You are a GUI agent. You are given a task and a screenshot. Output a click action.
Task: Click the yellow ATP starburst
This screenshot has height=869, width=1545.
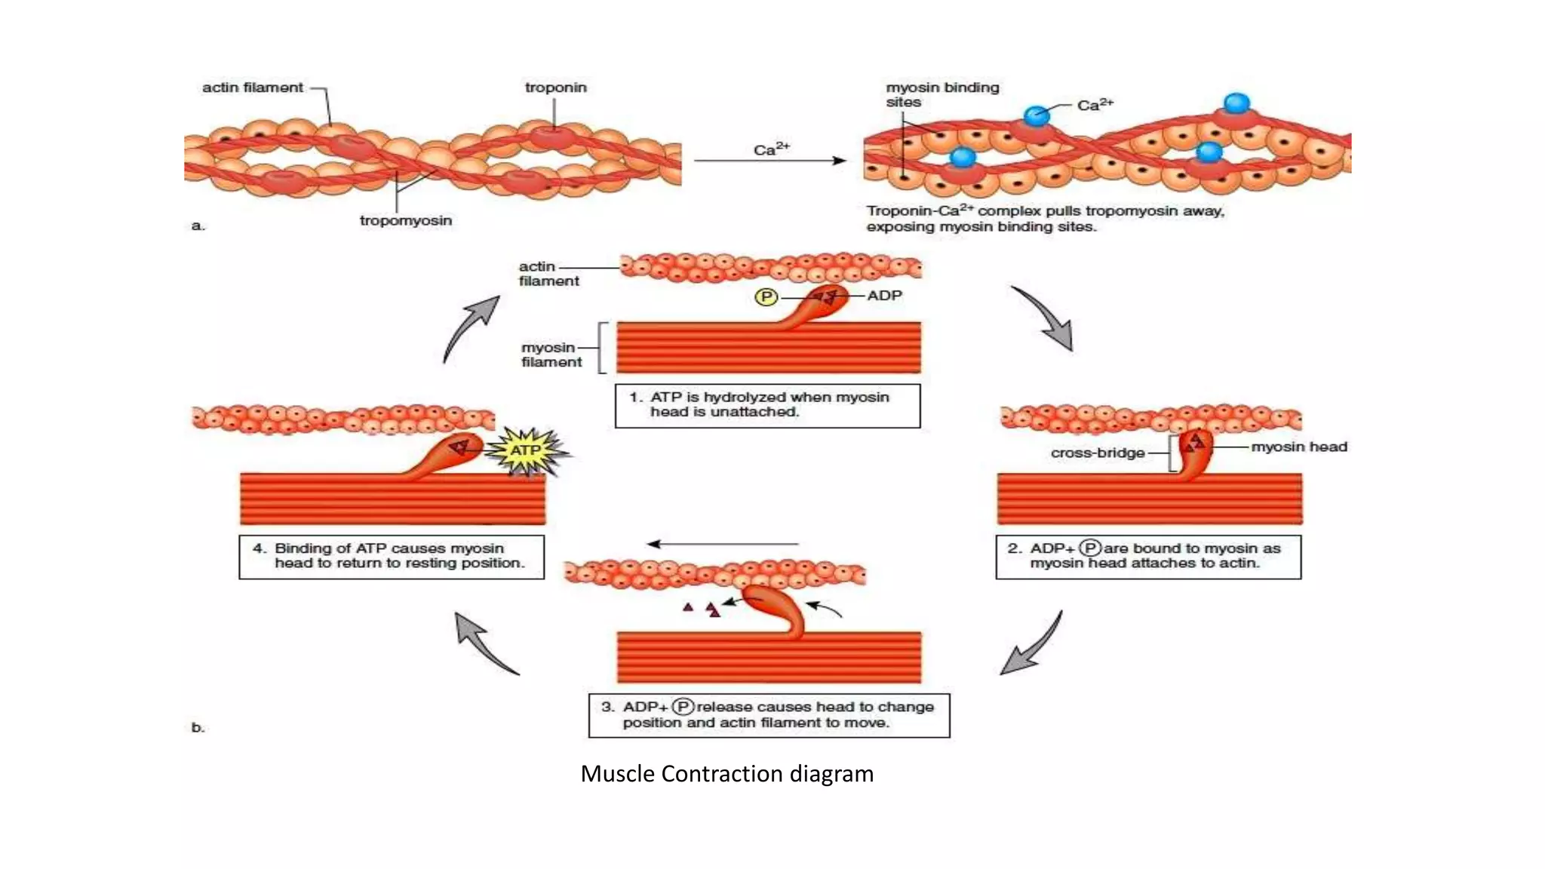click(x=526, y=451)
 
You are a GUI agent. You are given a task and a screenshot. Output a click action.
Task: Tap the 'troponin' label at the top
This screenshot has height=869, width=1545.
click(x=555, y=88)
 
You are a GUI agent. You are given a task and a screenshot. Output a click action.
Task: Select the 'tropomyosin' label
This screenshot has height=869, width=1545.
click(x=406, y=220)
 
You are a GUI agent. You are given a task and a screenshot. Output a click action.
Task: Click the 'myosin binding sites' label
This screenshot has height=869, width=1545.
click(x=941, y=94)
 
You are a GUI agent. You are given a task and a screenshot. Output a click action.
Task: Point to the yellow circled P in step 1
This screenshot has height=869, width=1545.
click(x=766, y=297)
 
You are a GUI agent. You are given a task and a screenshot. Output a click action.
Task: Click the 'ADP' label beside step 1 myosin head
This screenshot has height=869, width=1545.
click(x=884, y=296)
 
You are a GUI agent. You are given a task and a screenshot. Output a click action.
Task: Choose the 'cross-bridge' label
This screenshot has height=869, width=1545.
click(x=1098, y=453)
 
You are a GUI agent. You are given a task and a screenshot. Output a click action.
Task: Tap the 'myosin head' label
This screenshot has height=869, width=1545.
click(x=1299, y=447)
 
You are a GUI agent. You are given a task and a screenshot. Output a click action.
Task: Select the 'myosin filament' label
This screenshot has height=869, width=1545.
click(x=551, y=355)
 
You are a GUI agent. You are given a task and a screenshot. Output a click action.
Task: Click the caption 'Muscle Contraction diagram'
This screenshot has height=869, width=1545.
click(x=726, y=773)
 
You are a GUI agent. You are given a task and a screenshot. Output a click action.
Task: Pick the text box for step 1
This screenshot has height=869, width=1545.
click(x=767, y=406)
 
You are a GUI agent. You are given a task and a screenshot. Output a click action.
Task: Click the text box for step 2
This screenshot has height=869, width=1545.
click(x=1148, y=557)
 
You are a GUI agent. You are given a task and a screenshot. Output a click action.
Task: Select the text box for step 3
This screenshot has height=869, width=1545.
click(x=769, y=715)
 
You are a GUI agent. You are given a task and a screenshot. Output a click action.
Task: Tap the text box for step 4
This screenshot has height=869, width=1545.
click(x=392, y=557)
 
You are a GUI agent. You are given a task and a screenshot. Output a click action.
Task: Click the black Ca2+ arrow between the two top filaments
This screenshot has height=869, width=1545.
click(x=769, y=161)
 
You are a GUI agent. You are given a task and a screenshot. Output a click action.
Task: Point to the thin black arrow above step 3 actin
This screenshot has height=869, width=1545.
click(x=723, y=544)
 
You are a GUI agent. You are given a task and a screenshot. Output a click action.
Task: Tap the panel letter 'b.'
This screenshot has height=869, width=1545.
click(x=198, y=727)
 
